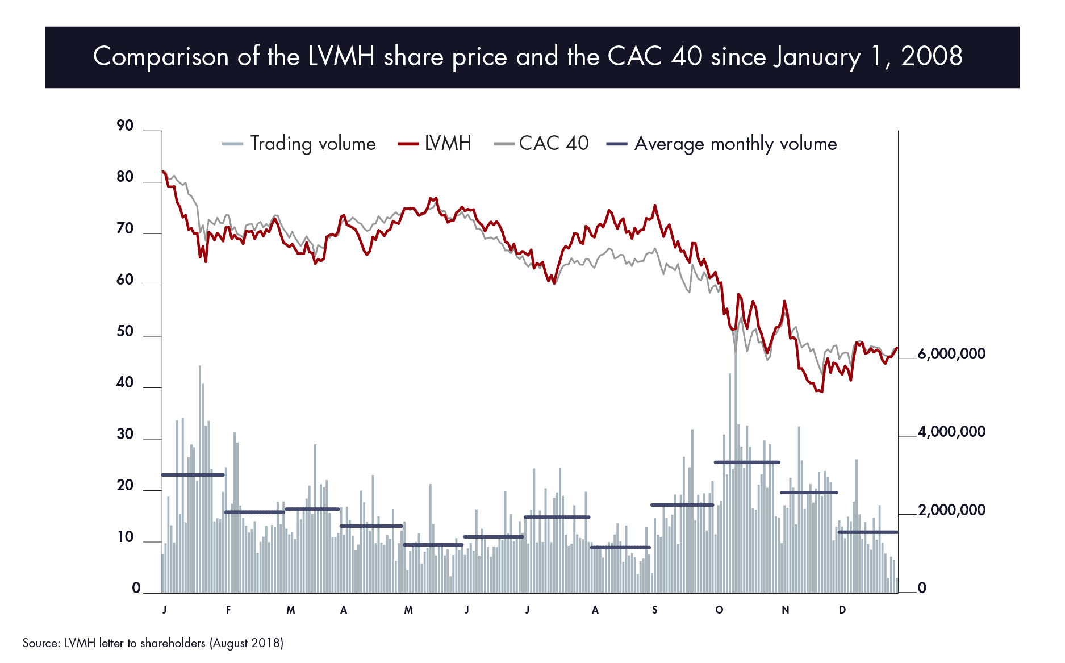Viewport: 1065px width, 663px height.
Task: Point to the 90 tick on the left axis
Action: click(x=125, y=126)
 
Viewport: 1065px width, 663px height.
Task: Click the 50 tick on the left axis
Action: click(x=125, y=331)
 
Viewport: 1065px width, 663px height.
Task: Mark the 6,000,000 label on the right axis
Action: click(x=951, y=354)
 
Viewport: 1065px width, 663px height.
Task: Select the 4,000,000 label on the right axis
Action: click(x=951, y=432)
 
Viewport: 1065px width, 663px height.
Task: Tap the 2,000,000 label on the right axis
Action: click(x=951, y=510)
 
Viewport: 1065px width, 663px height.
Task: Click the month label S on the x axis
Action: click(x=654, y=610)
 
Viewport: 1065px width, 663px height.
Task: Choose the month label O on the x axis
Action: click(x=719, y=610)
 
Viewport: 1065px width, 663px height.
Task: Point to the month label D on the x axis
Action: click(x=842, y=610)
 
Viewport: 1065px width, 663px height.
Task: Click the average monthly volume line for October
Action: click(x=747, y=462)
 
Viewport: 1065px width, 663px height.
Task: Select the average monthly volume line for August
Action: click(x=620, y=547)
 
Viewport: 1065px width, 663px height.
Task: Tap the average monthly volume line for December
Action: click(x=868, y=532)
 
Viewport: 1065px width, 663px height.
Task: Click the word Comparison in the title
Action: click(x=161, y=57)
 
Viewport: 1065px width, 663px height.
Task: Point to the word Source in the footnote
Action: click(x=40, y=643)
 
